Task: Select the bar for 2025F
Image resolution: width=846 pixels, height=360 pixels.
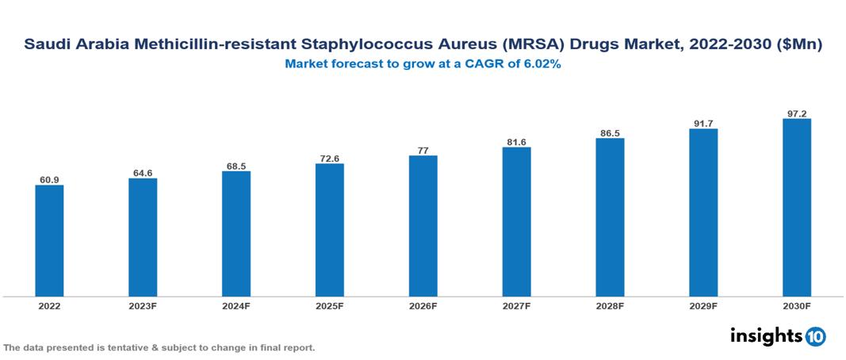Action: coord(329,230)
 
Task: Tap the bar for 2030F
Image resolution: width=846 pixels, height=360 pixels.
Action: coord(796,208)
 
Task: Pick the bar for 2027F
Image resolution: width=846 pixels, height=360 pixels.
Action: coord(516,222)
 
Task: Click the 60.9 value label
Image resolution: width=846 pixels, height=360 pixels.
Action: coord(49,179)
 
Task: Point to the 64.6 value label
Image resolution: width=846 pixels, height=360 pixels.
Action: coord(143,172)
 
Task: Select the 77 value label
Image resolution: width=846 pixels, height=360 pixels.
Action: coord(423,149)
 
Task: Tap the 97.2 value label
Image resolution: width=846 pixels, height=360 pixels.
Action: coord(796,113)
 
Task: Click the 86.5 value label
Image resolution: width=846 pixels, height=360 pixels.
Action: coord(610,132)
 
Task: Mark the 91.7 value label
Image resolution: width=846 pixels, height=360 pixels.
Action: coord(703,123)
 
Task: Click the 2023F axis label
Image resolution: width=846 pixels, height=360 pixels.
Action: coord(143,305)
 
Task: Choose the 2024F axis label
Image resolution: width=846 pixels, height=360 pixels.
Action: coord(236,305)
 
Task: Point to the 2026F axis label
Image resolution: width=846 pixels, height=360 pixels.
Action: coord(423,305)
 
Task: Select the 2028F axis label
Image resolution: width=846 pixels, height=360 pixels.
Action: coord(610,305)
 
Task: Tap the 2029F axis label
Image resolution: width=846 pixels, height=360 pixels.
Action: coord(703,305)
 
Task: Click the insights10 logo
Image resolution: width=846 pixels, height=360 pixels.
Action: coord(778,336)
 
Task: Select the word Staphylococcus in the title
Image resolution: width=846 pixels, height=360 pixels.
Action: coord(359,46)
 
